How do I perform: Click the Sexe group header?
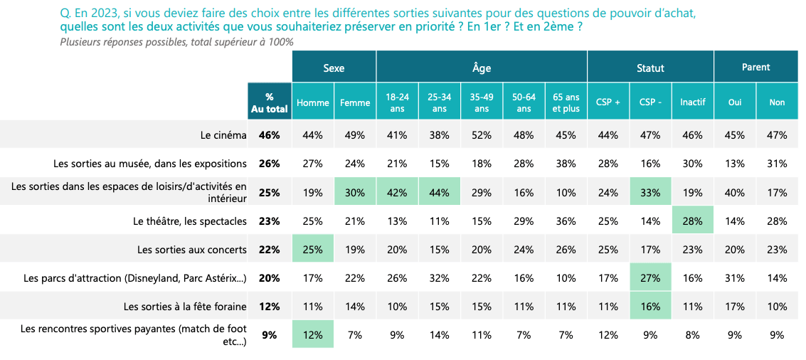(x=334, y=68)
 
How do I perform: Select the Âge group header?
(x=482, y=68)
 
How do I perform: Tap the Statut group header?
(x=650, y=68)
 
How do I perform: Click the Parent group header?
(x=756, y=67)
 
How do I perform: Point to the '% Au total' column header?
(x=270, y=102)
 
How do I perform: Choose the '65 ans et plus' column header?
(x=566, y=102)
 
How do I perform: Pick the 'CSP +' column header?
(x=608, y=102)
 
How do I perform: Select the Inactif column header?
(x=693, y=102)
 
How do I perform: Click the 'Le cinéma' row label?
(x=224, y=134)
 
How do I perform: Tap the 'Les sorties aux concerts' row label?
(x=192, y=250)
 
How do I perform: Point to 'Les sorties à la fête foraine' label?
(x=185, y=307)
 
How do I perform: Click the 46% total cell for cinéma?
(x=270, y=134)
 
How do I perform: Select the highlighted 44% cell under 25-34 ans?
(x=440, y=192)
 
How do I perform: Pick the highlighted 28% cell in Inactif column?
(x=693, y=221)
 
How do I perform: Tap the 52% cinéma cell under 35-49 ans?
(x=482, y=134)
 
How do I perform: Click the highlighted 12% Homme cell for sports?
(x=313, y=334)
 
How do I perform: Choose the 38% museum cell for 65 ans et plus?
(x=566, y=164)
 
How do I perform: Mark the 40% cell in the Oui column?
(x=735, y=192)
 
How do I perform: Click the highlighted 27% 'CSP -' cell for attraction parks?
(x=650, y=278)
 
